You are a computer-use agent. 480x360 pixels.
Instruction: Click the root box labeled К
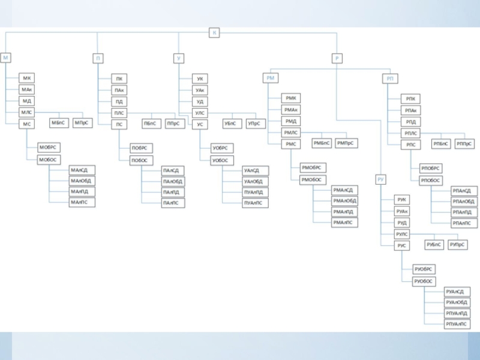pos(214,32)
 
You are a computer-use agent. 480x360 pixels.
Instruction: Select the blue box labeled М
pos(6,58)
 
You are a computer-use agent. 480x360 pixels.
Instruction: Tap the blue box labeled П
pos(98,58)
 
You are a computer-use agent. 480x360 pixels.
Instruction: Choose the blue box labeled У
pos(179,58)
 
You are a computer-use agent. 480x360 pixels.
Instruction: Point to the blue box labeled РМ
pos(271,78)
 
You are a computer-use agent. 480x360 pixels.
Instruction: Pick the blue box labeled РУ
pos(381,179)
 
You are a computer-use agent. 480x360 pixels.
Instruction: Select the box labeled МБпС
pos(58,123)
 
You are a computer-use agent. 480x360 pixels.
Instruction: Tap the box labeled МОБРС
pos(49,147)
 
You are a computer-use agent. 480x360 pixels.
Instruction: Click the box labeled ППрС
pos(173,124)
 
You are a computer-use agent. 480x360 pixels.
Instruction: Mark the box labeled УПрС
pos(254,124)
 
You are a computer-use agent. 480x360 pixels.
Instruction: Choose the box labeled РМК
pos(292,98)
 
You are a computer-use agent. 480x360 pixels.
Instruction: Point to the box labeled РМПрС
pos(346,143)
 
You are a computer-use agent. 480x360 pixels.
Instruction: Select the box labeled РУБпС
pos(434,245)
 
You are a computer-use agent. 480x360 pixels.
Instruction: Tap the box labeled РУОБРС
pos(424,269)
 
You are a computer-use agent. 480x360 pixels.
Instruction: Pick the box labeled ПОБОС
pos(142,160)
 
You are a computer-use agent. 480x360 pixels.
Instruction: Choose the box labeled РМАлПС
pos(345,222)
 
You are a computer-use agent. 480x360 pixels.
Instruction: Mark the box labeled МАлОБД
pos(82,181)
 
